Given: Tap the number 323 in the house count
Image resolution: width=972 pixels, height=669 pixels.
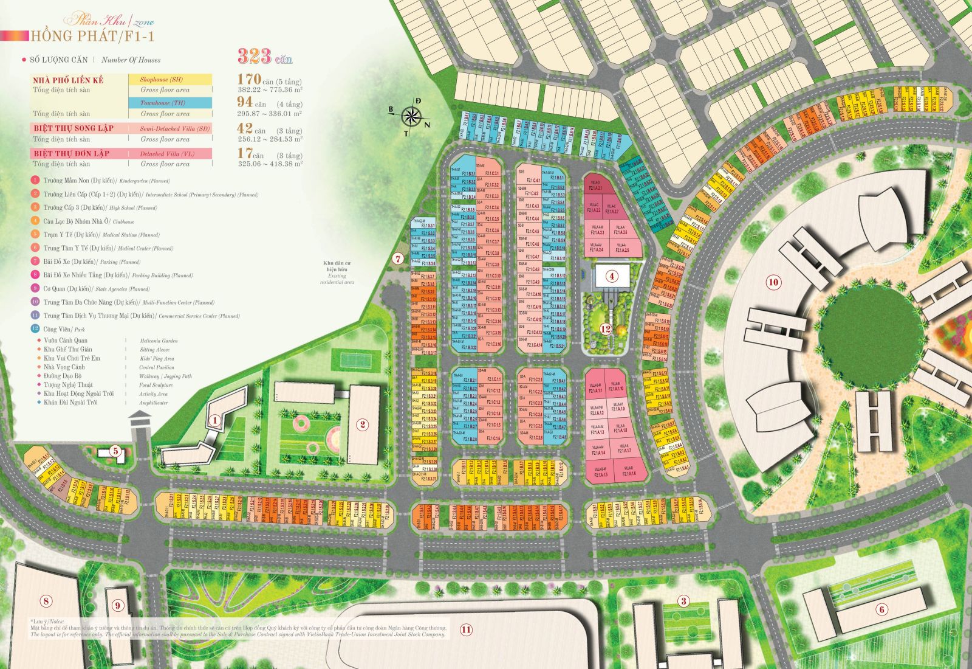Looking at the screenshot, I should click(x=255, y=57).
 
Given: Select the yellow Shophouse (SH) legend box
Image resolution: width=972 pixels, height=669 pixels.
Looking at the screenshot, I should click(x=170, y=80).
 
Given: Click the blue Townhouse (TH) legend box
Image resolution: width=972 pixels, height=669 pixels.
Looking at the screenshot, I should click(x=170, y=103).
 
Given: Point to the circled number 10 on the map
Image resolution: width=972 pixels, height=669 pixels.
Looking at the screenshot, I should click(x=773, y=282).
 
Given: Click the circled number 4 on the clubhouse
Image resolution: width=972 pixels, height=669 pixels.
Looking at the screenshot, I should click(x=612, y=277).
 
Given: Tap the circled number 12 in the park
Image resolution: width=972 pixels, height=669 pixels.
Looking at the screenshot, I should click(x=605, y=330).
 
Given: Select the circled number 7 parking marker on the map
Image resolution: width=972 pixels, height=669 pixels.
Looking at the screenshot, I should click(x=398, y=258).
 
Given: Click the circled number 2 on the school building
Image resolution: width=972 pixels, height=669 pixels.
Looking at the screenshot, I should click(x=363, y=425).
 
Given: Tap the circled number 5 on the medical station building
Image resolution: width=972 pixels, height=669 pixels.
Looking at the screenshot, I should click(x=116, y=451).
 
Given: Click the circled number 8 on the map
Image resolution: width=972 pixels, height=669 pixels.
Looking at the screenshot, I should click(x=46, y=601).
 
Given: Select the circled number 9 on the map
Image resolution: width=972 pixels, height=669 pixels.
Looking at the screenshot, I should click(x=118, y=605).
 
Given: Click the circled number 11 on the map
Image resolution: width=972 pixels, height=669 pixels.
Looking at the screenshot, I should click(x=465, y=629).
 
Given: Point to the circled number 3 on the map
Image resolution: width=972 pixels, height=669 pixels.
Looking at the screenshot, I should click(x=684, y=601).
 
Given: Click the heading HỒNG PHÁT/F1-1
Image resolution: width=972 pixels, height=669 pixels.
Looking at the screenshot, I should click(x=92, y=36).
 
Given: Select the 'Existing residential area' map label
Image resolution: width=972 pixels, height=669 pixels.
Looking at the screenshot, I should click(x=337, y=274).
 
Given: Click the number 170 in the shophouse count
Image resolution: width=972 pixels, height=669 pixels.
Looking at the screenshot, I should click(x=249, y=79).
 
